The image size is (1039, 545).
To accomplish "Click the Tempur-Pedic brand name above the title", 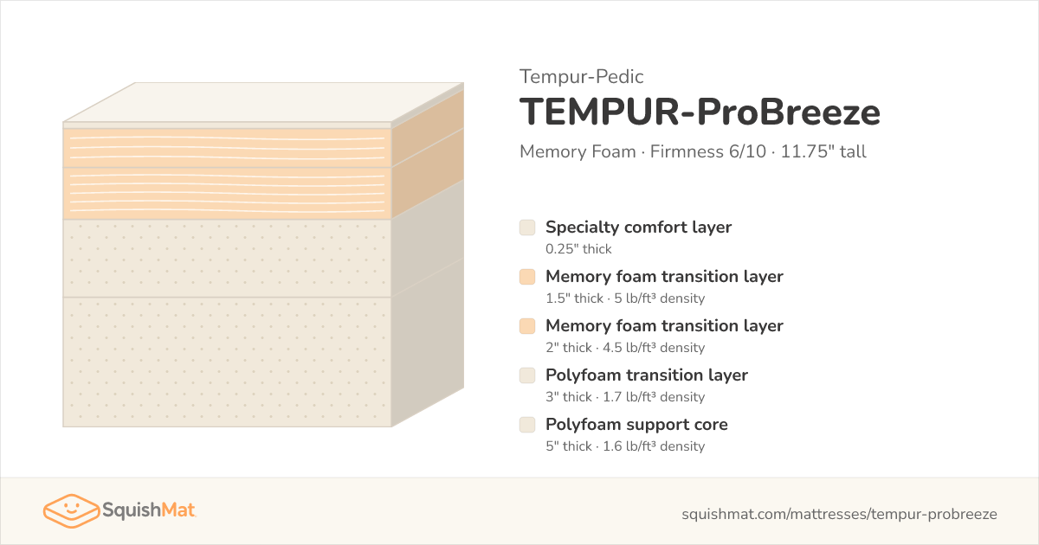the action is point(581,77).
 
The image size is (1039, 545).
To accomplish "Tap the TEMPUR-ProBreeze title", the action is point(700,112).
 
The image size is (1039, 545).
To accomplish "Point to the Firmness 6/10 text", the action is point(708,151).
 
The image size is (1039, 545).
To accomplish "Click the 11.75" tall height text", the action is point(823,151).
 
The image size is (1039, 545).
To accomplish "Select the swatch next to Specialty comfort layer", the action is point(527,228).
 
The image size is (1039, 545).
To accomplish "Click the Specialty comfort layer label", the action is point(638,227).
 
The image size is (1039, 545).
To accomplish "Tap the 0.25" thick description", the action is point(578,249).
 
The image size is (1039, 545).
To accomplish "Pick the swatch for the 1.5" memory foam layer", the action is point(527,277).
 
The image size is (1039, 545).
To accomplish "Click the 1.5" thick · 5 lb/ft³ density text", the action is point(625,298).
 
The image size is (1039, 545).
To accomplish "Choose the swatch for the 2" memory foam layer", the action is point(527,326).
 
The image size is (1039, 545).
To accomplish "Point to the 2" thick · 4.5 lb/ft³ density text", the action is point(625,348).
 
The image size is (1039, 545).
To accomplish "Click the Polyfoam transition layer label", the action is point(647,375).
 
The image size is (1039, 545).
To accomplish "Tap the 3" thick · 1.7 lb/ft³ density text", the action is point(625,397).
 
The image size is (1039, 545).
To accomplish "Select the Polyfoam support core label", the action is point(636,425).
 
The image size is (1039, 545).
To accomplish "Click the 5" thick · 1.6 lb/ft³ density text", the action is point(625,446).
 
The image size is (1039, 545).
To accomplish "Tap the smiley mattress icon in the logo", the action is point(71,510).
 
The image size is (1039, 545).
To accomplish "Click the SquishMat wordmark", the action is point(149,510).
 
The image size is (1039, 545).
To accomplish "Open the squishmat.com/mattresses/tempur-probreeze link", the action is point(839,514).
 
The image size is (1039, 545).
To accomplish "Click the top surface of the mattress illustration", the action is point(263,102).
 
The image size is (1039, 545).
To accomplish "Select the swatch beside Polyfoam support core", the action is point(527,425).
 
